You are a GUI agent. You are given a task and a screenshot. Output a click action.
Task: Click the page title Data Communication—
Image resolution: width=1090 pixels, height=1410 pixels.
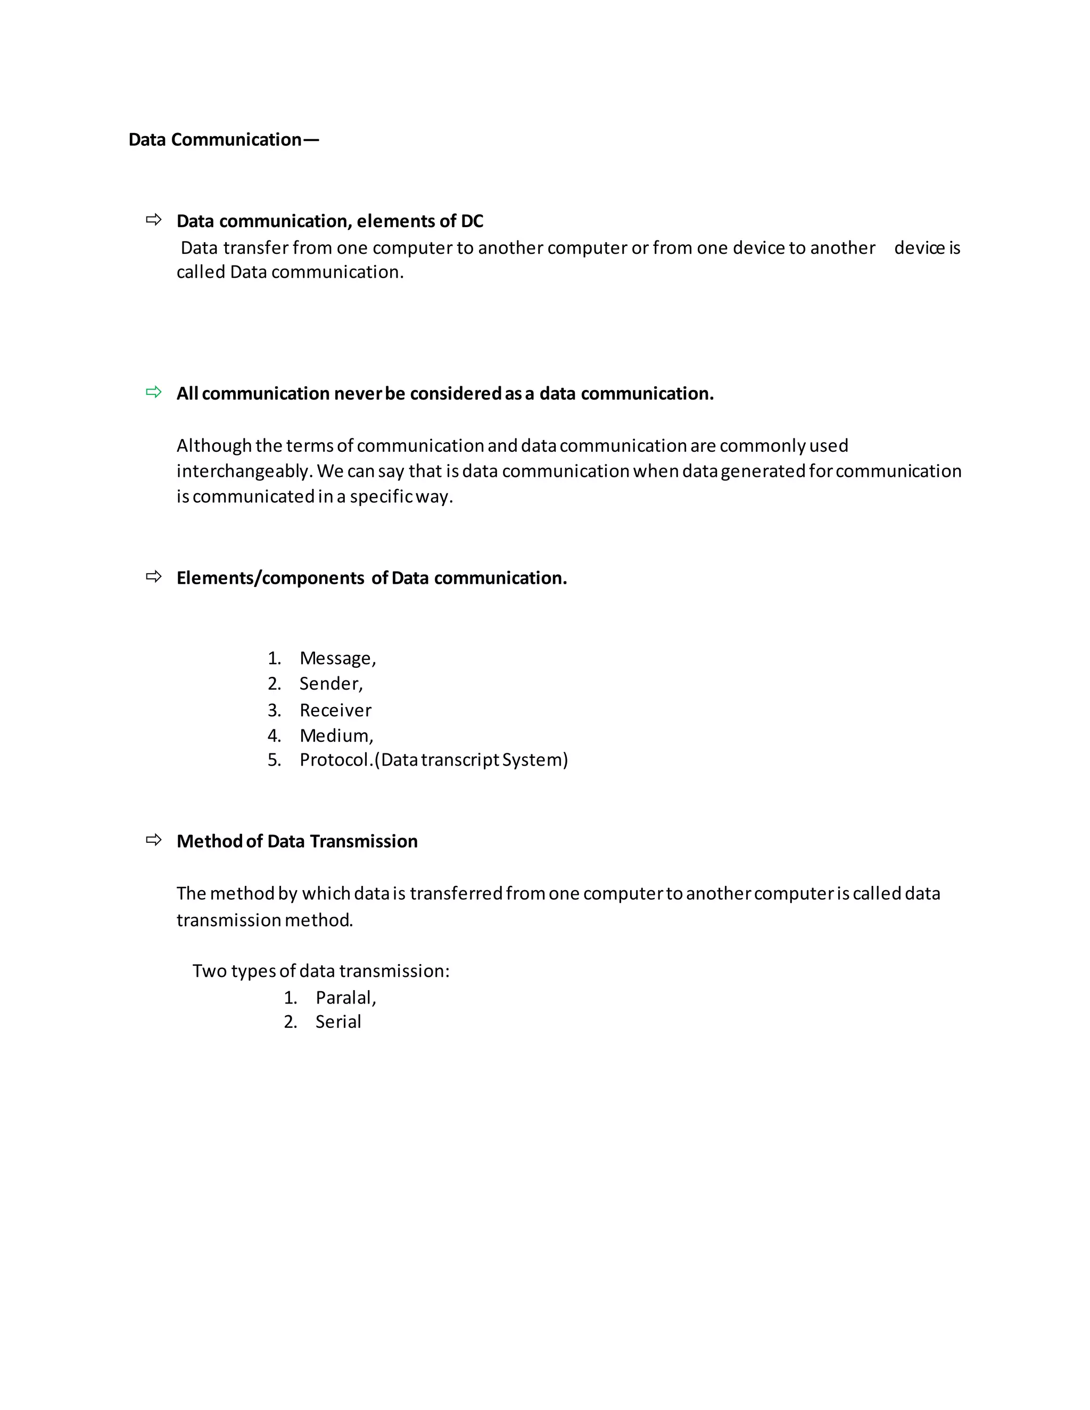(x=224, y=140)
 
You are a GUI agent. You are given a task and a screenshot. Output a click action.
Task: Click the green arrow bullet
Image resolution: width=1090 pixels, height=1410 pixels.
(x=154, y=392)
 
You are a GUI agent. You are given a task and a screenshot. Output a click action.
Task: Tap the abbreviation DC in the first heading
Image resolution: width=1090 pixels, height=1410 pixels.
(x=472, y=221)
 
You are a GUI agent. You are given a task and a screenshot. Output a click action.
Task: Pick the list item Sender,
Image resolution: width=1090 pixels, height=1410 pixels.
(x=331, y=684)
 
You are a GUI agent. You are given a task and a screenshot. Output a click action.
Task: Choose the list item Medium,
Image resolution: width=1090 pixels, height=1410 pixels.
(x=336, y=736)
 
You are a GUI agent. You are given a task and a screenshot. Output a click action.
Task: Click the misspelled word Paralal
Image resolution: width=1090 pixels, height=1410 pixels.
(x=345, y=998)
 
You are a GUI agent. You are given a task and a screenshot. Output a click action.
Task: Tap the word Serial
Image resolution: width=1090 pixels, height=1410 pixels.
(x=338, y=1022)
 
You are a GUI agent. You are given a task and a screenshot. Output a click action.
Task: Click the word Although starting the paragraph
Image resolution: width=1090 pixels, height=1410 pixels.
(x=214, y=446)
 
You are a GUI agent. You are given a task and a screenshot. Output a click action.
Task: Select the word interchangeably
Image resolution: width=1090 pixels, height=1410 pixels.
(x=244, y=471)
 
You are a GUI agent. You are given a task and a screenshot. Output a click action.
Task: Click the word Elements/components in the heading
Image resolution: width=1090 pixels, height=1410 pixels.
(x=270, y=578)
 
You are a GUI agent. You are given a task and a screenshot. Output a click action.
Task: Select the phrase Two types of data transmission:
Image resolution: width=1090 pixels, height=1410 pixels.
(x=320, y=971)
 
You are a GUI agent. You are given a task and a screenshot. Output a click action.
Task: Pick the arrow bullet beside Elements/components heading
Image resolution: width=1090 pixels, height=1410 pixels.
(x=154, y=577)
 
